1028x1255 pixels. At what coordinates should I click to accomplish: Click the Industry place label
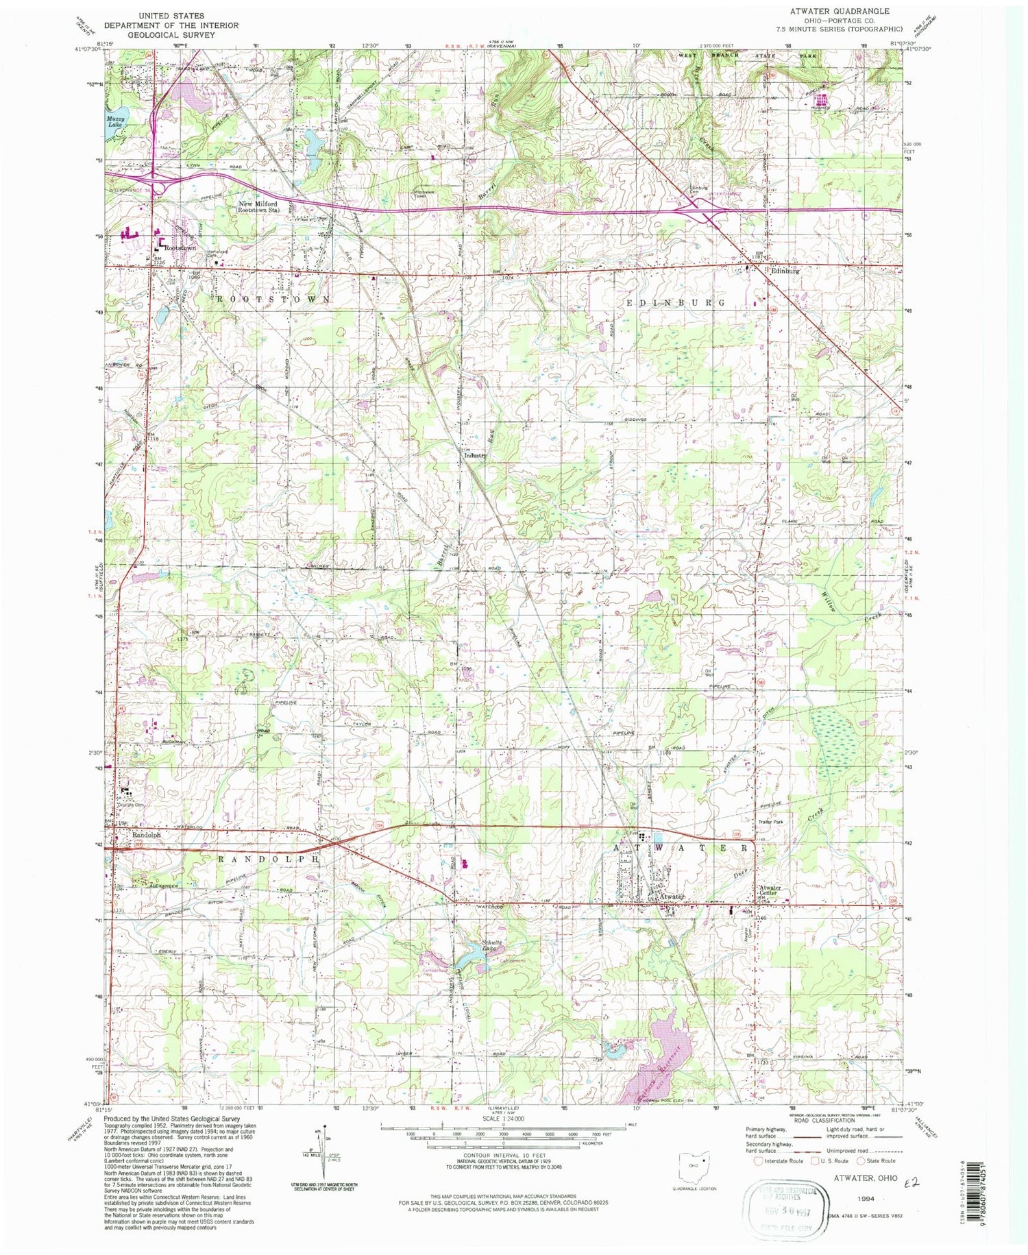click(x=475, y=455)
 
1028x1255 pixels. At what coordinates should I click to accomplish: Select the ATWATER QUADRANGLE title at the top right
click(x=848, y=11)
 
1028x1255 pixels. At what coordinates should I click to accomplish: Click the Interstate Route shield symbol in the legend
click(x=757, y=1161)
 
